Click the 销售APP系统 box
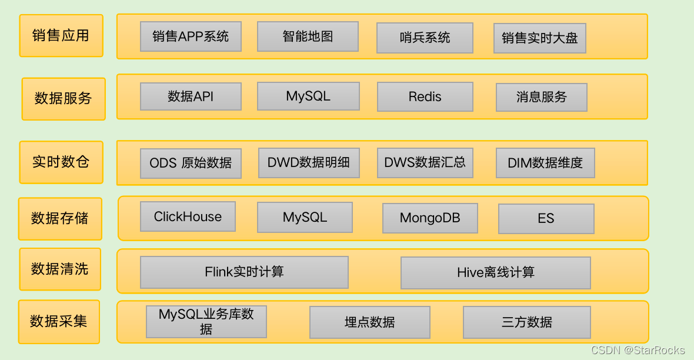coord(191,36)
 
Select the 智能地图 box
coord(308,36)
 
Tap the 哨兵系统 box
coord(425,38)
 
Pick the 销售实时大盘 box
coord(539,39)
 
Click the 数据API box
coord(191,96)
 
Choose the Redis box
coord(425,97)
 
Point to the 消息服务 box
coord(541,98)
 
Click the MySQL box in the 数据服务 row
coord(308,96)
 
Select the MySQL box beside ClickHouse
coord(305,218)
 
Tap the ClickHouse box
coord(188,217)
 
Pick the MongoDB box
coord(430,219)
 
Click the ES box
coord(546,219)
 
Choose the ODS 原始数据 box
coord(191,163)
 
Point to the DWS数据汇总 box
coord(425,163)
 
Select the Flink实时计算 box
coord(244,272)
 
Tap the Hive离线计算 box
coord(495,273)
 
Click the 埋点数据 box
coord(369,322)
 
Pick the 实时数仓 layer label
coord(61,162)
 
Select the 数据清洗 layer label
coord(60,269)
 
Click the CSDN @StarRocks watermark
coord(638,351)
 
